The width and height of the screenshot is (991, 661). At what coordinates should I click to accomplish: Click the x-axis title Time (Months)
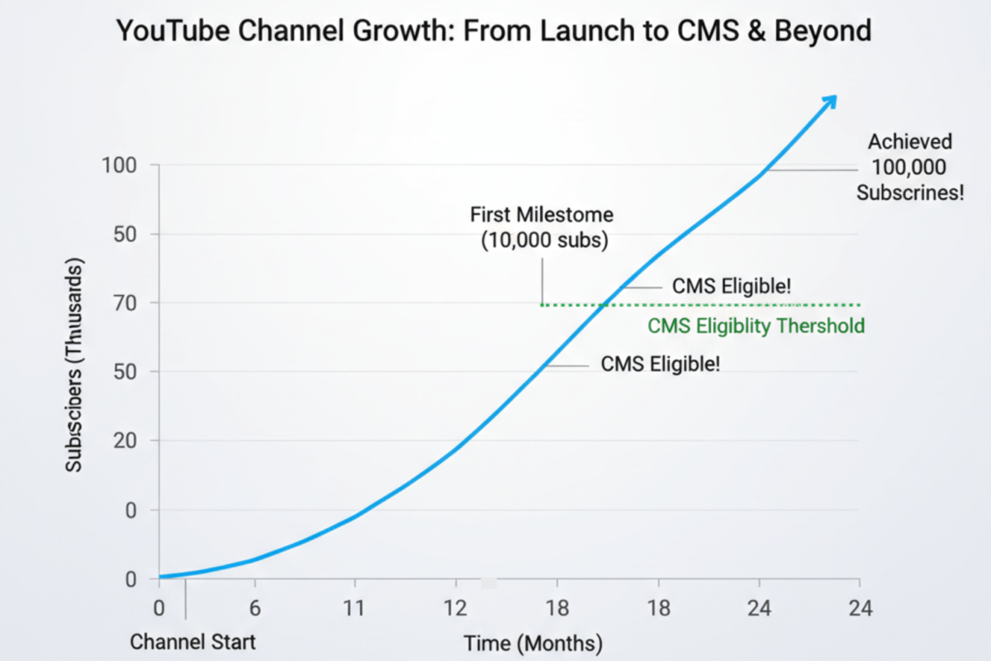click(533, 643)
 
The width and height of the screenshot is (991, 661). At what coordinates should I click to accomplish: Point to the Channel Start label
click(193, 641)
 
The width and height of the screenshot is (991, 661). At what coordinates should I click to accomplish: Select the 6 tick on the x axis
click(254, 608)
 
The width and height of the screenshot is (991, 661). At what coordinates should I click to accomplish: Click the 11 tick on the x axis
click(355, 608)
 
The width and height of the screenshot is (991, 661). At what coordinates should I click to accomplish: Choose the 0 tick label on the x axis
click(159, 608)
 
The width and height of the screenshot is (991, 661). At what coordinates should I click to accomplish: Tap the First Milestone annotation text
click(542, 215)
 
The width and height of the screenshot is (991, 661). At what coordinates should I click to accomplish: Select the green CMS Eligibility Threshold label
click(756, 326)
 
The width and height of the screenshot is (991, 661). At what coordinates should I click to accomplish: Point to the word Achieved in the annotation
click(909, 141)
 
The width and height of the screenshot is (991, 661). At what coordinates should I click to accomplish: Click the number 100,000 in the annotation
click(908, 168)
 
